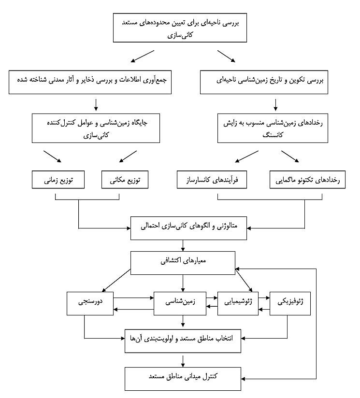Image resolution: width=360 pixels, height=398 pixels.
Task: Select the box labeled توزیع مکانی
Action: [x=125, y=180]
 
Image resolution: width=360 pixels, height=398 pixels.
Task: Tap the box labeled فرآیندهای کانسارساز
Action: [x=212, y=180]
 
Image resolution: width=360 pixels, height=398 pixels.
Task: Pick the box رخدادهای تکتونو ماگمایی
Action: [x=308, y=180]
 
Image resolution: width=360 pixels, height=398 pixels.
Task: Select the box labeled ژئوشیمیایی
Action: [x=237, y=303]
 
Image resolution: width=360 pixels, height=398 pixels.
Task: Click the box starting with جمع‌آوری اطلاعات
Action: [x=91, y=81]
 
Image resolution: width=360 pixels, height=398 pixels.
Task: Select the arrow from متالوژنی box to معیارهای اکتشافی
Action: [x=183, y=246]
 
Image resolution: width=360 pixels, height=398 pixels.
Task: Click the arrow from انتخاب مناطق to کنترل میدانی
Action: [x=183, y=360]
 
